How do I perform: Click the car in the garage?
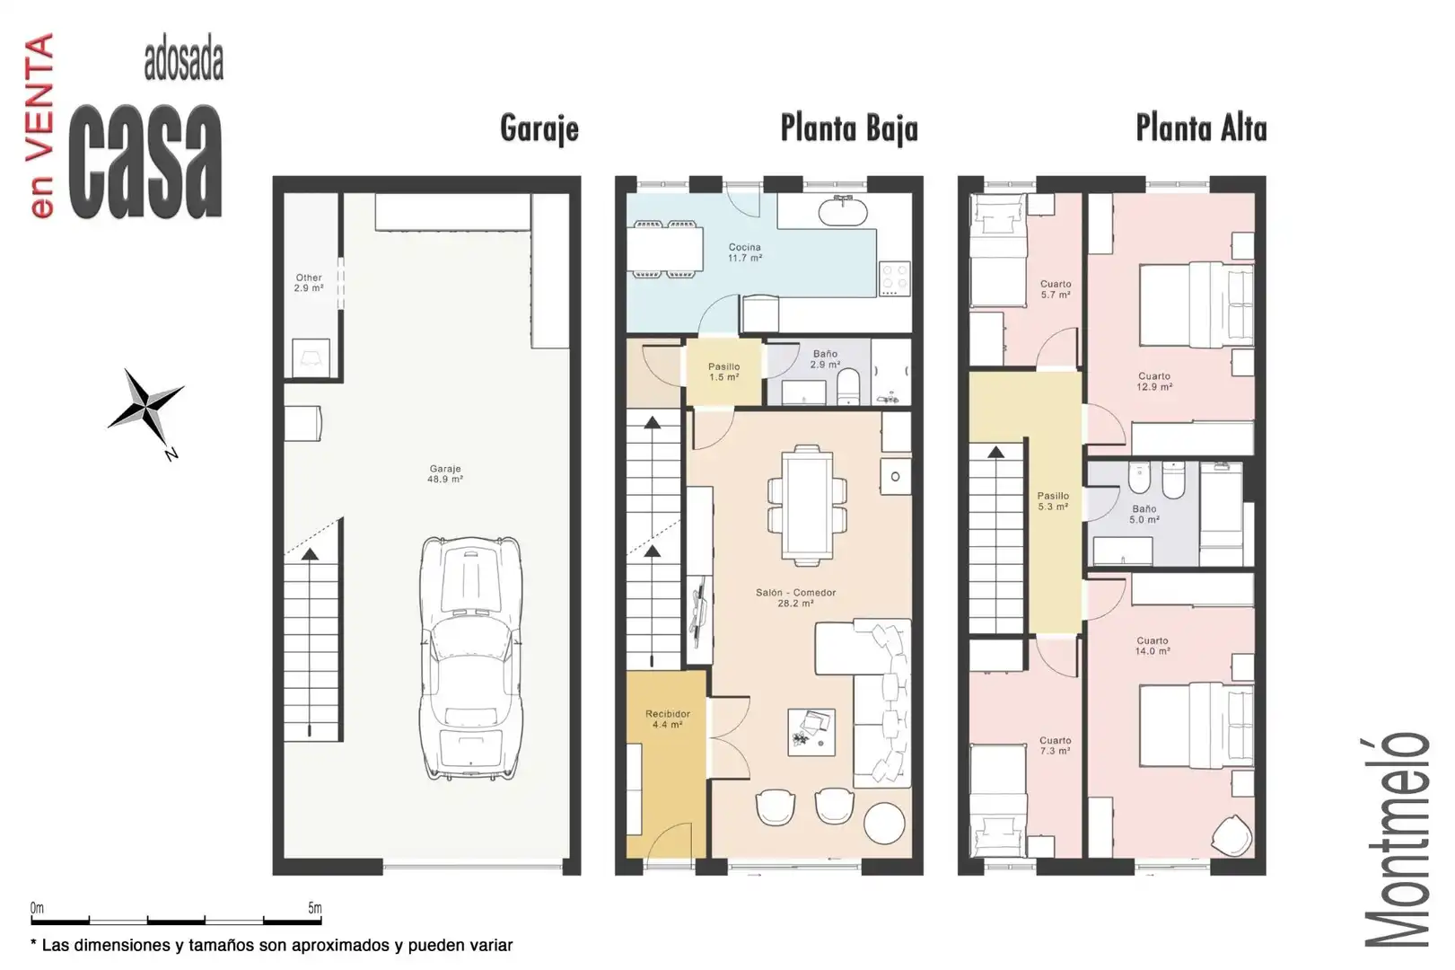click(x=471, y=658)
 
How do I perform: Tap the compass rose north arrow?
click(x=146, y=408)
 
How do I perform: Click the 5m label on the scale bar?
click(x=314, y=908)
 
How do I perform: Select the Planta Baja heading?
click(x=849, y=128)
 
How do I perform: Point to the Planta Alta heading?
click(x=1201, y=128)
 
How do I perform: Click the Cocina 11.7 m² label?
click(x=744, y=252)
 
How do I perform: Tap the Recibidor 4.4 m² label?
click(x=667, y=719)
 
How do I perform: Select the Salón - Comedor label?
click(x=795, y=593)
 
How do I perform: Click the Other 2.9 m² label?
click(x=309, y=283)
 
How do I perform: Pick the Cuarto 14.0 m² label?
click(x=1153, y=646)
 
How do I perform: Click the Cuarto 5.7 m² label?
click(x=1056, y=289)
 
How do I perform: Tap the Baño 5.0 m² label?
click(x=1144, y=515)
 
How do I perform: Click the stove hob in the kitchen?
click(x=894, y=279)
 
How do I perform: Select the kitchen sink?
click(x=843, y=211)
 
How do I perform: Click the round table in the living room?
click(x=884, y=823)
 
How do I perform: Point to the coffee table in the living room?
click(x=811, y=732)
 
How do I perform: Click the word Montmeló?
click(x=1397, y=840)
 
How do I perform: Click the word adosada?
click(x=184, y=62)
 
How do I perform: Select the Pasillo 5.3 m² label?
click(x=1053, y=501)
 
